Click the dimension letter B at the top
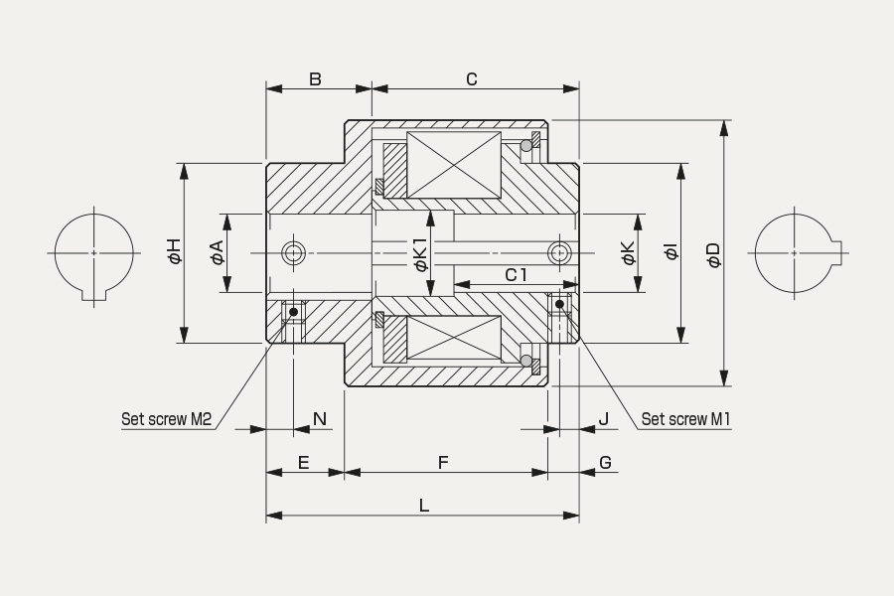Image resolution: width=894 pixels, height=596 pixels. pos(315,78)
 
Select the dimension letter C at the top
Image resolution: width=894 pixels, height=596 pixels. pos(472,78)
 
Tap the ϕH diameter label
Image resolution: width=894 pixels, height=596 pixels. pos(174,251)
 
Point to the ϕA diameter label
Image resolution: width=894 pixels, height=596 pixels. pos(218,252)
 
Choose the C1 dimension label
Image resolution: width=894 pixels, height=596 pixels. pos(516,275)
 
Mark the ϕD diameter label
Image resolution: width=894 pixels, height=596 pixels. pos(713,254)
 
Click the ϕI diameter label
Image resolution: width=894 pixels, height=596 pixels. pos(671,252)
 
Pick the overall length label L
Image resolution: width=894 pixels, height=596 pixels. pos(423,506)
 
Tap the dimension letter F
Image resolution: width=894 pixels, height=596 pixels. pos(443,463)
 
